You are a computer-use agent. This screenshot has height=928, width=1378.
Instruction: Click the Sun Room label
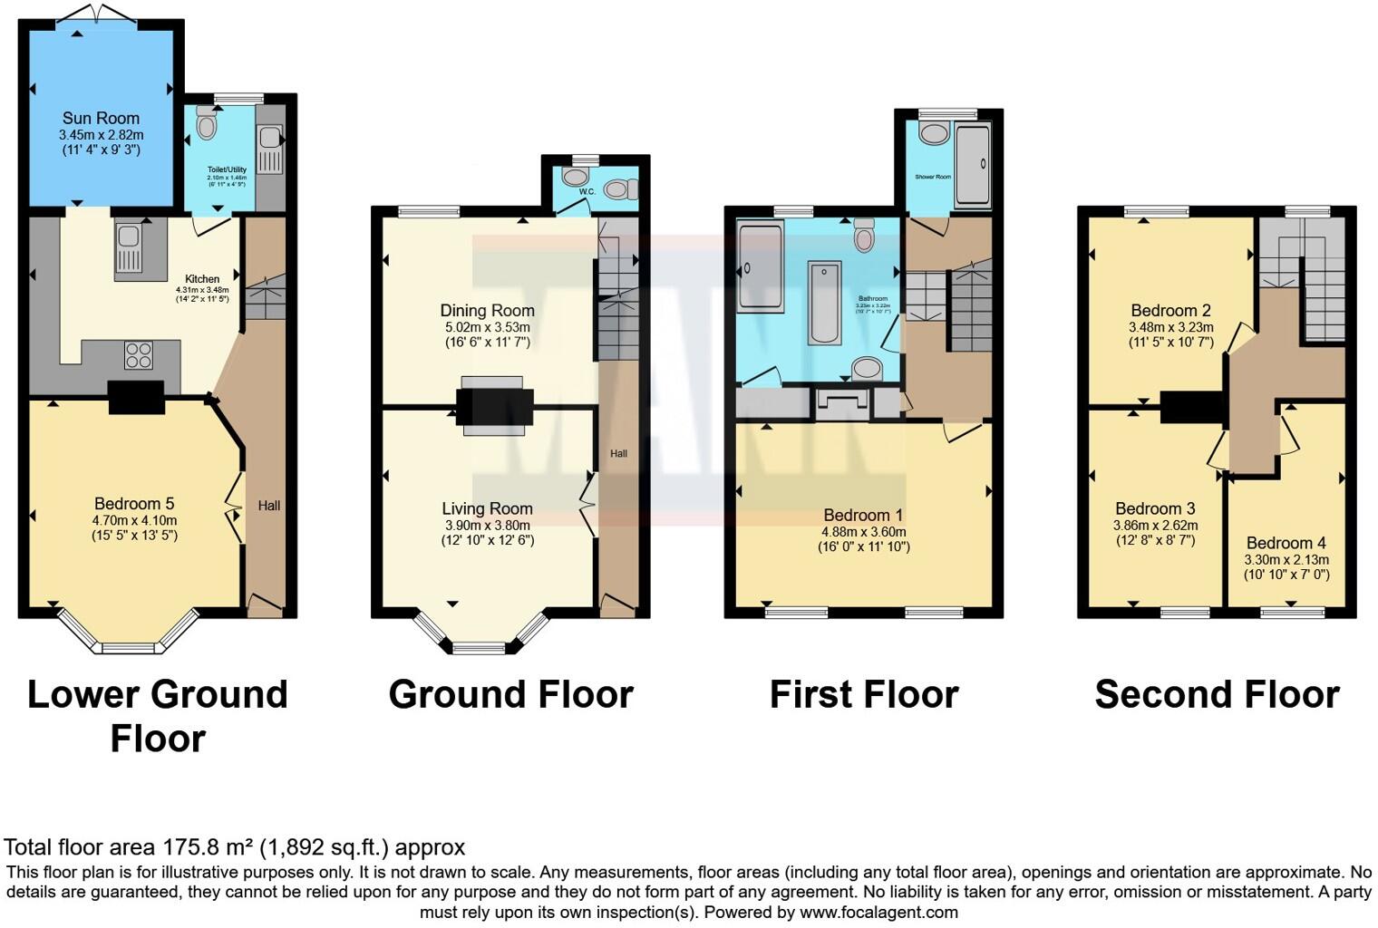[101, 118]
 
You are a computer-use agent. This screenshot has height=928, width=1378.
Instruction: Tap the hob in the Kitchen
[138, 354]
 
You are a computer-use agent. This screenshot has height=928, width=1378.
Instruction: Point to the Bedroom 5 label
[134, 504]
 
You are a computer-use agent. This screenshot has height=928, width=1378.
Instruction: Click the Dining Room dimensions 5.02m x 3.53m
[487, 327]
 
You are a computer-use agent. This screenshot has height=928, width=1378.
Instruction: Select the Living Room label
[487, 508]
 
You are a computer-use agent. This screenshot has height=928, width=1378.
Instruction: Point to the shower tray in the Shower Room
[973, 164]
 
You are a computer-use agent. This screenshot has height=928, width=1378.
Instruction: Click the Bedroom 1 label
[863, 515]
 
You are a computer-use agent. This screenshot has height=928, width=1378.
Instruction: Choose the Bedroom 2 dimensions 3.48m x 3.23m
[1170, 327]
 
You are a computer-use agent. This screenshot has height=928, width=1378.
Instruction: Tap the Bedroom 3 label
[1155, 508]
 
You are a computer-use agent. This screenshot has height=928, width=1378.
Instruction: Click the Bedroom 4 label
[1286, 543]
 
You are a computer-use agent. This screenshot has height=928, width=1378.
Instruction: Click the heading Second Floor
[1217, 695]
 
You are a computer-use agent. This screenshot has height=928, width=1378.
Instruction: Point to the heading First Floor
[863, 695]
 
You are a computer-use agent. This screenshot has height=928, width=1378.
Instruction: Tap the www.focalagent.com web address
[878, 913]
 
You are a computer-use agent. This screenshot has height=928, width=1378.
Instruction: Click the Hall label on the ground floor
[618, 453]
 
